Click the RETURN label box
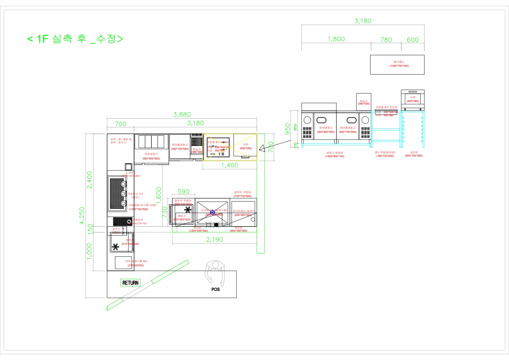click(131, 283)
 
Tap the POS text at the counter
click(216, 289)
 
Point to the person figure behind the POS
click(215, 271)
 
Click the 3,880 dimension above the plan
click(182, 115)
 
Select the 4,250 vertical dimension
click(82, 216)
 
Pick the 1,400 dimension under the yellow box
click(230, 165)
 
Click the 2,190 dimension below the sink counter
click(215, 239)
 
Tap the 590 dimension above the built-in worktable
click(183, 192)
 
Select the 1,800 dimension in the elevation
click(336, 39)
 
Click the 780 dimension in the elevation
click(386, 40)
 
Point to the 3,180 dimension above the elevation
click(363, 21)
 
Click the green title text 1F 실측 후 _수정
click(75, 39)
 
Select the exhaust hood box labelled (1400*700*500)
click(397, 64)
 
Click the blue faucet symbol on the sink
click(212, 212)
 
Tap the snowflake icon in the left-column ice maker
click(115, 247)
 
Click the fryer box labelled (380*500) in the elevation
click(364, 102)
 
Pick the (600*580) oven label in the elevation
click(413, 101)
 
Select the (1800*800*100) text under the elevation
click(335, 157)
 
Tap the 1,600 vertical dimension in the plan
click(158, 195)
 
